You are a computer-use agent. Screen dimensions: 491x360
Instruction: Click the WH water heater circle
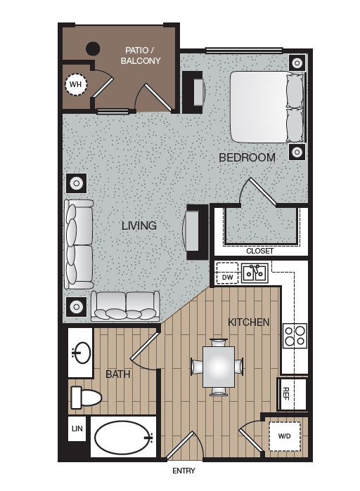coord(75,86)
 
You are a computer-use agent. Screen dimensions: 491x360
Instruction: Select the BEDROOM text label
coord(247,157)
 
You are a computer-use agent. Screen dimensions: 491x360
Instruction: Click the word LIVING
coord(139,225)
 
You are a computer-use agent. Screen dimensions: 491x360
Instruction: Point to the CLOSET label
coord(259,251)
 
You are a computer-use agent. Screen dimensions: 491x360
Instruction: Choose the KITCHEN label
coord(248,322)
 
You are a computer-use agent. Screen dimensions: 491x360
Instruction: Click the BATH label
coord(118,374)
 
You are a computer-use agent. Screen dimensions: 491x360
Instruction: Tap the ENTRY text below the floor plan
coord(183,471)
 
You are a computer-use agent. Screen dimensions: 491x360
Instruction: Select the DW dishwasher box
coord(227,277)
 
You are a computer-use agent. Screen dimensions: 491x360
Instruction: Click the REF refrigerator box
coord(286,393)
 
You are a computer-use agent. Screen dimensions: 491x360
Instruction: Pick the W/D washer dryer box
coord(284,436)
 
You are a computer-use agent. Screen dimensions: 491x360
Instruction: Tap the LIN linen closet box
coord(76,428)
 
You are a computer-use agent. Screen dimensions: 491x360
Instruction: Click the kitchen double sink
coord(254,273)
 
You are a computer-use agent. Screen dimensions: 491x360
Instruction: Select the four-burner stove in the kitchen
coord(295,336)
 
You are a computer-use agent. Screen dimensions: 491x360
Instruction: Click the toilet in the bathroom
coord(85,398)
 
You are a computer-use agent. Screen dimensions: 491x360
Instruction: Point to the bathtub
coord(124,438)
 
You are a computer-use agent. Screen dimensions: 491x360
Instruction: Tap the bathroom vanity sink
coord(82,353)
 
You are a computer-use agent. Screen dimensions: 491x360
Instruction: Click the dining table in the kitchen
coord(217,366)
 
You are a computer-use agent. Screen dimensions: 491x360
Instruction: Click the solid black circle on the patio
coord(92,49)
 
